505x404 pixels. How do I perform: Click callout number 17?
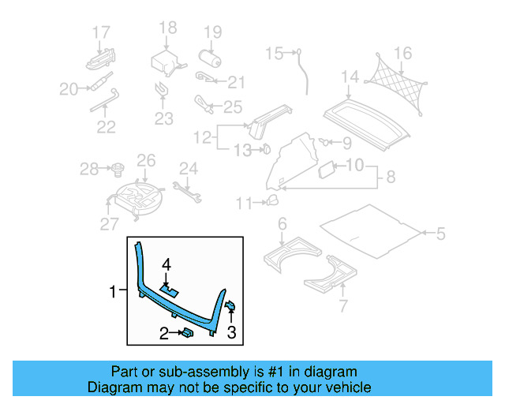(x=101, y=32)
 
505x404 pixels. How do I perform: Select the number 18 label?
(x=168, y=29)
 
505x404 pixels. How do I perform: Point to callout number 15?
(x=274, y=54)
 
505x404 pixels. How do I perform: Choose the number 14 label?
(x=350, y=77)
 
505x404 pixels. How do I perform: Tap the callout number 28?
(x=88, y=168)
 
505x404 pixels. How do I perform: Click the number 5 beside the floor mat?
(x=440, y=233)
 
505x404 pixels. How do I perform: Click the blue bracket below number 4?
(x=168, y=289)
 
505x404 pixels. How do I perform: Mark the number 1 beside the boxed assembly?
(x=113, y=292)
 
